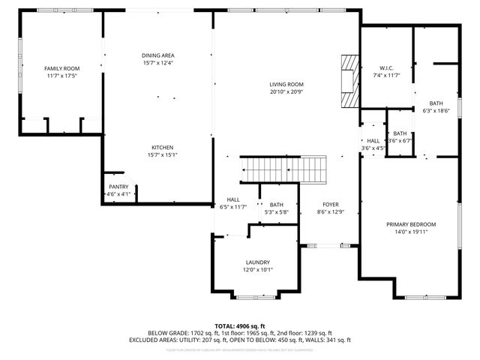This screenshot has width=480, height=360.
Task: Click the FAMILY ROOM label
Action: coord(62,68)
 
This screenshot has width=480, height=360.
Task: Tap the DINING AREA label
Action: coord(157,55)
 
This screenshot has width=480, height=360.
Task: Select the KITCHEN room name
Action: coord(163,147)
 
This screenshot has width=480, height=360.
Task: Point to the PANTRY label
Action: coord(118,187)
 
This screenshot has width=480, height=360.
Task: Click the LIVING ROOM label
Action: coord(286,85)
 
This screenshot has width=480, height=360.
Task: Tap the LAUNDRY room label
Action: coord(257,262)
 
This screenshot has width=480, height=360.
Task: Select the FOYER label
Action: coord(331,205)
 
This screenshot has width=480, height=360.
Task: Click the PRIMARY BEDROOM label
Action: coord(411,224)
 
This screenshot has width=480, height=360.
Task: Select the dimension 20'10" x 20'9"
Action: coord(286,92)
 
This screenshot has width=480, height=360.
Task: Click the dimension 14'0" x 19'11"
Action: coord(411,232)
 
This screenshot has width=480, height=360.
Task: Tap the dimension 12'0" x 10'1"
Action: coord(257,270)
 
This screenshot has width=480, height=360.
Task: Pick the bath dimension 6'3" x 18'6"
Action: coord(436,111)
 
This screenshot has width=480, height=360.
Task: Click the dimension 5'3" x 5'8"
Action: coord(277,212)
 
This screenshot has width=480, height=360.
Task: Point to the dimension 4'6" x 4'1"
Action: coord(118,194)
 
